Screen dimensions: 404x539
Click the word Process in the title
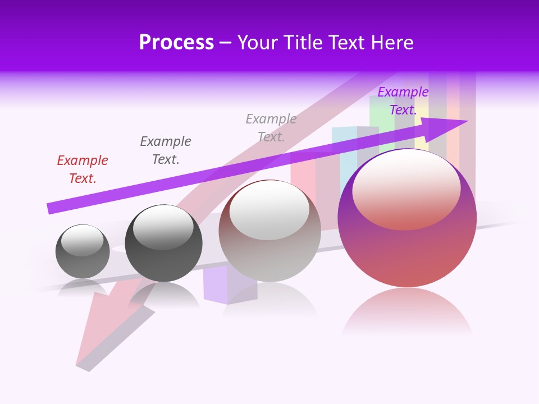pos(176,43)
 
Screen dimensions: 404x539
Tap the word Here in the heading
pos(391,43)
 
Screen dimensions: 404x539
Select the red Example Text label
pos(83,169)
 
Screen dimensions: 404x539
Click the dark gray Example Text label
pos(166,150)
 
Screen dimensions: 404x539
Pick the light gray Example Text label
pos(271,128)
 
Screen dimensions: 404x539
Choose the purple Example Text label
pos(403,101)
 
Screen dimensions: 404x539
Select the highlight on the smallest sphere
pos(82,241)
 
